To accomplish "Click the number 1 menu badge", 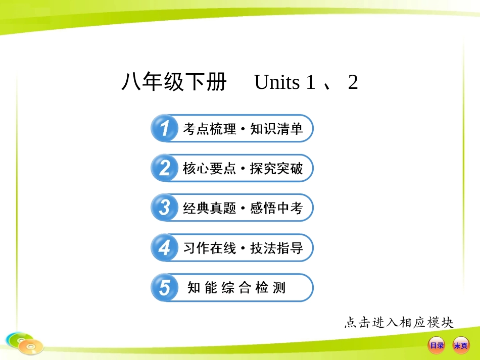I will tap(164, 129).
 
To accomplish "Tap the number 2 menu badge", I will tap(164, 168).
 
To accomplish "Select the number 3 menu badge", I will tap(164, 208).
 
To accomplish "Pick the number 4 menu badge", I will tap(164, 248).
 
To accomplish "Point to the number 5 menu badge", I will tap(164, 288).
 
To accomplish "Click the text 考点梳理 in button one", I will tap(209, 129).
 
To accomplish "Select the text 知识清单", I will tap(276, 129).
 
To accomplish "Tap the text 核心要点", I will tap(209, 169).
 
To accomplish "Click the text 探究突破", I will tap(276, 169).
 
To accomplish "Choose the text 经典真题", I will tap(209, 208).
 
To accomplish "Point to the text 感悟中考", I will tap(276, 208).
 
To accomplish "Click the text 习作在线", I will tap(209, 248).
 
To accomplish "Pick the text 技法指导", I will tap(276, 248).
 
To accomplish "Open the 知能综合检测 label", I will tap(236, 288).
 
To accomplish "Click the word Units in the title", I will tap(277, 82).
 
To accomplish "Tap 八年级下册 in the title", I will tap(174, 82).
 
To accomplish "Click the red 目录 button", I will tap(436, 345).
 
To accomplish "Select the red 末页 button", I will tap(460, 345).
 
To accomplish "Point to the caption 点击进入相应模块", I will tap(399, 322).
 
